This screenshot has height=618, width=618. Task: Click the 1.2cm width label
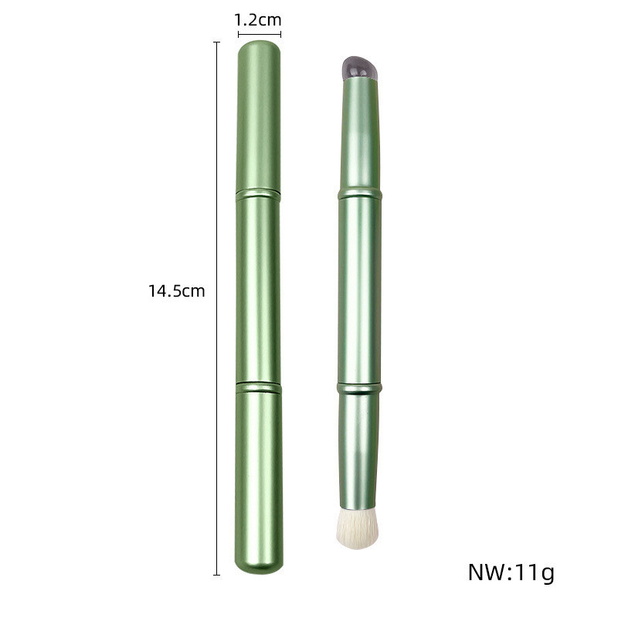[x=258, y=20]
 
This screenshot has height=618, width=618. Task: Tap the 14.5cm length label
[x=177, y=291]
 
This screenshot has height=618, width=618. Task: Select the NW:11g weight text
[x=511, y=572]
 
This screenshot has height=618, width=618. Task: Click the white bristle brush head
[x=358, y=528]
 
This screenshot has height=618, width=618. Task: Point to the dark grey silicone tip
[x=359, y=68]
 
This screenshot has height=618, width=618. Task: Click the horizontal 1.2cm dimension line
[x=260, y=34]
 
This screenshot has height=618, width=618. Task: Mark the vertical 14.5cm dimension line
[x=216, y=308]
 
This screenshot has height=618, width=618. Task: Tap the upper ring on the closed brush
[x=258, y=195]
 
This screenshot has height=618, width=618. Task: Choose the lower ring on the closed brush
[x=259, y=388]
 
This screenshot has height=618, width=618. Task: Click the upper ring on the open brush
[x=360, y=194]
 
